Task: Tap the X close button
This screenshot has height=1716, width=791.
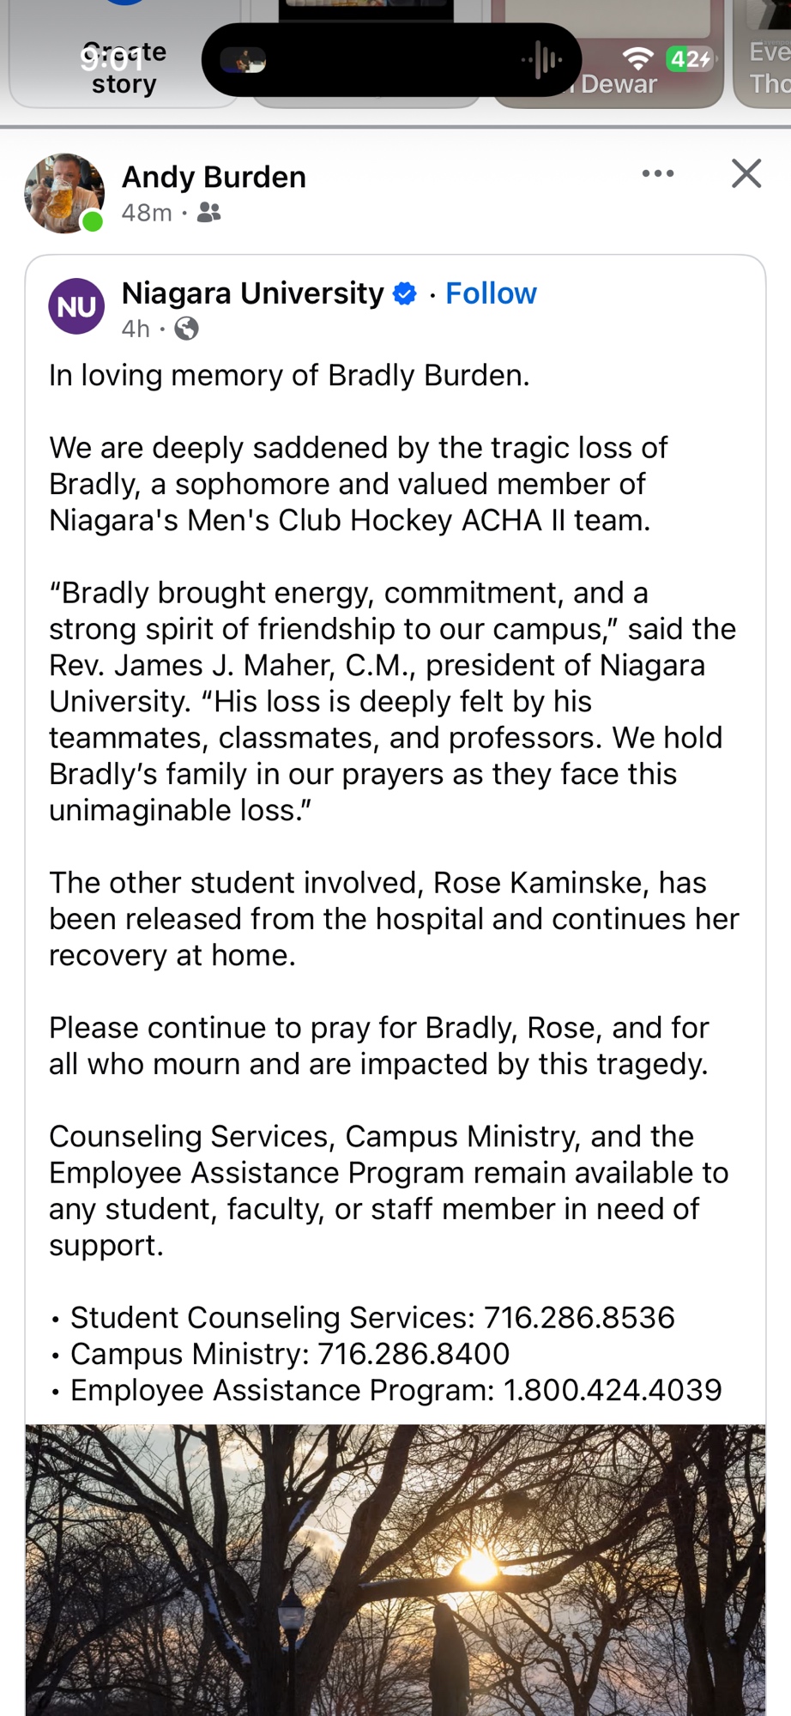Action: point(746,173)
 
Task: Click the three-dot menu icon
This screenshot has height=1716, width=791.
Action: point(658,173)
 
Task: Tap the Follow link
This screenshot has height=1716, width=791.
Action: point(491,293)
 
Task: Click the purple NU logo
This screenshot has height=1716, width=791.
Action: point(76,306)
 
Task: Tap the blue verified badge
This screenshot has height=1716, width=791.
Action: point(404,293)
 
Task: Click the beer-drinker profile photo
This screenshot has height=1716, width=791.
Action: point(63,192)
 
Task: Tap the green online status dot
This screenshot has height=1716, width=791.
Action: point(92,222)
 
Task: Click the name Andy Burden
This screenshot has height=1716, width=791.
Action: point(214,177)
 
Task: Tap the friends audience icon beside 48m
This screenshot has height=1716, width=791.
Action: point(208,212)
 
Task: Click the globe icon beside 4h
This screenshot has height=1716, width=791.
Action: point(186,329)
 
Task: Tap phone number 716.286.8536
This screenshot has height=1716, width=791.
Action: point(579,1317)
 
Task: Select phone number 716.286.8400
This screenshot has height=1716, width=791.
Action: point(414,1353)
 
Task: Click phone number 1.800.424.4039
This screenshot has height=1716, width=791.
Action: point(613,1390)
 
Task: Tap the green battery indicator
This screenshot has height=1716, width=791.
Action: point(689,58)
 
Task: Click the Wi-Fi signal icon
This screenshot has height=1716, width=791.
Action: point(637,58)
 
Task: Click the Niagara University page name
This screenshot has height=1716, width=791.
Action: point(252,293)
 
